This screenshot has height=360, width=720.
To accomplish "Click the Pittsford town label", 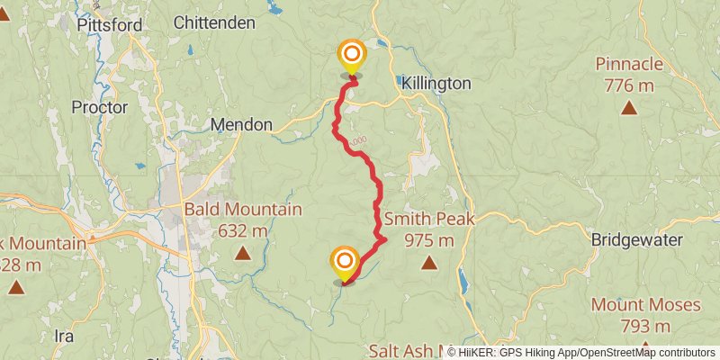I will point(110,25).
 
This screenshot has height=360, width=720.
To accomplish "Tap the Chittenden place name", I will point(214,22).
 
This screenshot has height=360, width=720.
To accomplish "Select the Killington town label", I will point(436,83).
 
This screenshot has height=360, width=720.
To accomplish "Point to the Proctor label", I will point(100,107).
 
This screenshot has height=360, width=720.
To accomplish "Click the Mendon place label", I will point(241,125).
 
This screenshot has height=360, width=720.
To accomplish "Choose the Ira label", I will point(63,336).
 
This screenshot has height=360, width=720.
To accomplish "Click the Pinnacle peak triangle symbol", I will point(628,108).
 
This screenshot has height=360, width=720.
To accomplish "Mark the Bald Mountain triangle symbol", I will point(242,254).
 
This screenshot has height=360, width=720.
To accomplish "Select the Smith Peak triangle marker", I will point(429,263).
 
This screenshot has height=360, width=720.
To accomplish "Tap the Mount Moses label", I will point(645,305).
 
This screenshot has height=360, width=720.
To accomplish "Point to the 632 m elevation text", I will point(242,231).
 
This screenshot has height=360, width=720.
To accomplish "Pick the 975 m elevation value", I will point(429,240).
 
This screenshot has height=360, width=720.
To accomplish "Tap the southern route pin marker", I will point(344,262).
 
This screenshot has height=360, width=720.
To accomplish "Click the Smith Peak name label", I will point(429,219).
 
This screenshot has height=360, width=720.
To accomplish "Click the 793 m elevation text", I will point(645,326).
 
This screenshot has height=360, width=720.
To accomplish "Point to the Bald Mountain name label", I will point(242,210).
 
